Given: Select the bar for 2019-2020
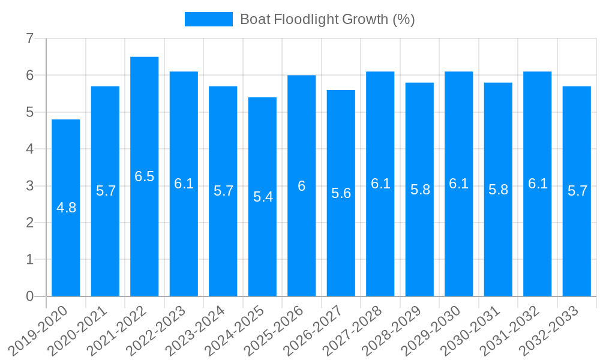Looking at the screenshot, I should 66,240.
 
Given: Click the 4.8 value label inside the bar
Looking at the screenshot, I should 66,208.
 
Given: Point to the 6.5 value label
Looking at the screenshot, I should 145,176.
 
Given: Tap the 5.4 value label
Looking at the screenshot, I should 263,197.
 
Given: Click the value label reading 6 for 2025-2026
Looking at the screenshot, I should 302,186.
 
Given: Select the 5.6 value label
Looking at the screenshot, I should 341,193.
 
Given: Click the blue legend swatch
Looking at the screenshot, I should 208,19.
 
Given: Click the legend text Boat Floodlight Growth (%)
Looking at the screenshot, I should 327,19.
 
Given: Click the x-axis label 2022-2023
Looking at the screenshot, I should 158,331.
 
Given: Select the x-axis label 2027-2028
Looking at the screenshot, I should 354,331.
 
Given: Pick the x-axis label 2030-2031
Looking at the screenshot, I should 472,331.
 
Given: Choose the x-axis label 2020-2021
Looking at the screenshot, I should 79,331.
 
